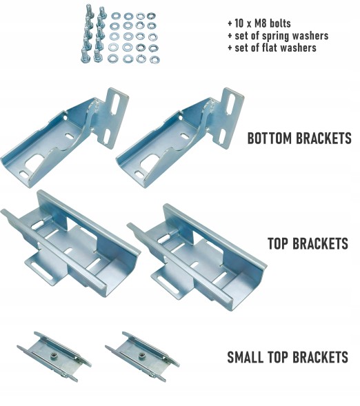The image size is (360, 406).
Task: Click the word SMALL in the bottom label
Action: pos(245,357)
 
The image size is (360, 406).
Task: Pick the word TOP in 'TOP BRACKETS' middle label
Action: pos(279,243)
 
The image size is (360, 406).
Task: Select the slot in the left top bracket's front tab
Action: pos(41,271)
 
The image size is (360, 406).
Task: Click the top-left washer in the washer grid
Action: pos(115,17)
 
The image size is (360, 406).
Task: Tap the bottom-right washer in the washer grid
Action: pos(154,60)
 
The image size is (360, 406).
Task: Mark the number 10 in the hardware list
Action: pos(239,23)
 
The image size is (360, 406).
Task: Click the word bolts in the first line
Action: pos(280,23)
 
